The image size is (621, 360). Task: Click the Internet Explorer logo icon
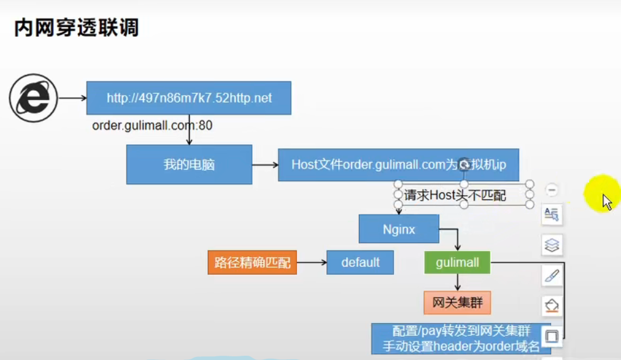point(33,98)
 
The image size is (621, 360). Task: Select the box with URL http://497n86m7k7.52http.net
point(189,98)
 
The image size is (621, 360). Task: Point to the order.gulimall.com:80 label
point(152,126)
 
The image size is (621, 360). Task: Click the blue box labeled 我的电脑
point(189,164)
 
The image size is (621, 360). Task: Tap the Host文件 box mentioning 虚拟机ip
point(398,164)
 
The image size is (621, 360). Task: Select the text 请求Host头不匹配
point(455,196)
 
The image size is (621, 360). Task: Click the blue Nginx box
point(399,229)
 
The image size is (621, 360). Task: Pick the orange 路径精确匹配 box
point(252,263)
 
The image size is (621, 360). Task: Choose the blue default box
point(360,262)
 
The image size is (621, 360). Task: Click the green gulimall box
point(457,262)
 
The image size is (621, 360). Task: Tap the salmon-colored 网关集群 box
point(457,302)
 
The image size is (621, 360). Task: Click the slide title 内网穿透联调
point(76,28)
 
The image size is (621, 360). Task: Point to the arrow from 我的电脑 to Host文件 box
point(264,164)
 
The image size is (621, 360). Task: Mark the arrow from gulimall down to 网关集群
point(457,281)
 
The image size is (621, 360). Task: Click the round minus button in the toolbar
point(552,190)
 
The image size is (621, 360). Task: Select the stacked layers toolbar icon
point(552,245)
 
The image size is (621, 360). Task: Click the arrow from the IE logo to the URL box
point(72,98)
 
